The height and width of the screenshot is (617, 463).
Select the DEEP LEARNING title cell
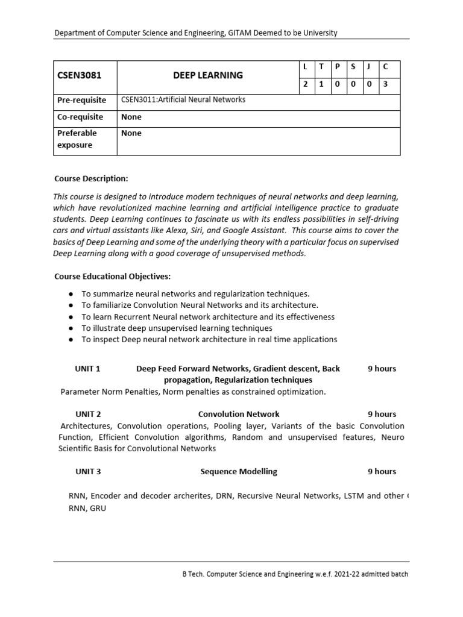pos(208,75)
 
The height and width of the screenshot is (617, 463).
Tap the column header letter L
pos(306,66)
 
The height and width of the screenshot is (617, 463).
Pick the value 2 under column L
pos(306,84)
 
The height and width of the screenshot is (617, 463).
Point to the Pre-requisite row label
pos(82,100)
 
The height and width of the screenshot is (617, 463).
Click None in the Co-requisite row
pos(131,117)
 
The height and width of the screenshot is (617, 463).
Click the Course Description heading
pos(91,179)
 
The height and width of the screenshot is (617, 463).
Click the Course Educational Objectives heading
pos(112,277)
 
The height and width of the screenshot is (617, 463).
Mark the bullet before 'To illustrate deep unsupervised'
pos(71,328)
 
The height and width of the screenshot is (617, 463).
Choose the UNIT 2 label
pos(88,415)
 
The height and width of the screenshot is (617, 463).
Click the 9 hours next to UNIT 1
pos(382,369)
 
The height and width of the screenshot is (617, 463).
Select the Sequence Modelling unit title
pos(239,472)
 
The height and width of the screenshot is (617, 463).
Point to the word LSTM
pos(353,496)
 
